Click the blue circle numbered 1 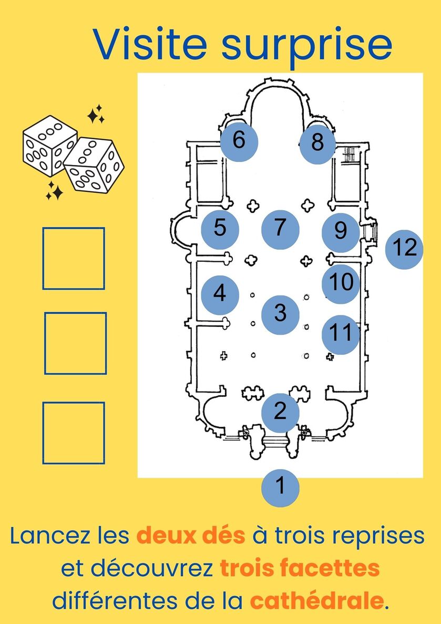(280, 488)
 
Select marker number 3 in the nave (280, 315)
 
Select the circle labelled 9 (341, 232)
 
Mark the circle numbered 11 (341, 335)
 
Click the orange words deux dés (191, 536)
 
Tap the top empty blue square (74, 258)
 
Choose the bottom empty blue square (74, 433)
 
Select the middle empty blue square (76, 343)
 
